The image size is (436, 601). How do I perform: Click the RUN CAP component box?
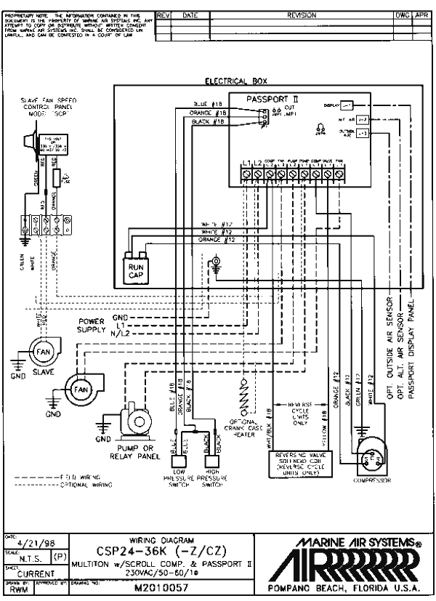[x=137, y=270]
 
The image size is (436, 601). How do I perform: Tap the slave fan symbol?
[x=40, y=355]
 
